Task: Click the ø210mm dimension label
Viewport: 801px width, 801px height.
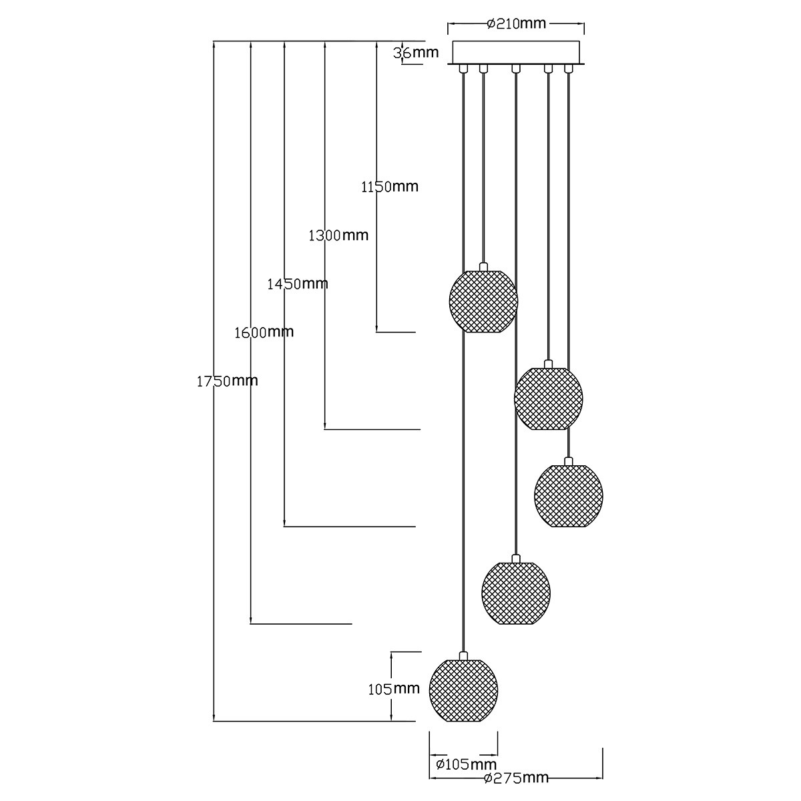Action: (x=517, y=24)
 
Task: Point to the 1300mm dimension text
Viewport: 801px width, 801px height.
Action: (x=338, y=235)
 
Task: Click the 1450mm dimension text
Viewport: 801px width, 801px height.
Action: (x=298, y=284)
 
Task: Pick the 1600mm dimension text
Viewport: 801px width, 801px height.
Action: (x=264, y=332)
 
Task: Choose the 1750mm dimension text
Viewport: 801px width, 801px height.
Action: (x=228, y=381)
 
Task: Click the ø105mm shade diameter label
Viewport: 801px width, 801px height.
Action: (x=466, y=764)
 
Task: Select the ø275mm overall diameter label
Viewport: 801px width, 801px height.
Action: (x=517, y=778)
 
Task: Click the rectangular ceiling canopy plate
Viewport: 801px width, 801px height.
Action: (x=517, y=52)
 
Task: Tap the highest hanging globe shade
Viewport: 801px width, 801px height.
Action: (x=483, y=301)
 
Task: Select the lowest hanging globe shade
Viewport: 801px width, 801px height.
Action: (x=463, y=690)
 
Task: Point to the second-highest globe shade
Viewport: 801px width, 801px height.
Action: (x=549, y=398)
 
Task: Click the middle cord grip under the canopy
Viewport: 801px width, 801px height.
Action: (x=515, y=68)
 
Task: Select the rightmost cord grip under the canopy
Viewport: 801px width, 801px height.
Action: (x=568, y=68)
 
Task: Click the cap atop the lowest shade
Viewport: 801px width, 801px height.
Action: (x=463, y=655)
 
